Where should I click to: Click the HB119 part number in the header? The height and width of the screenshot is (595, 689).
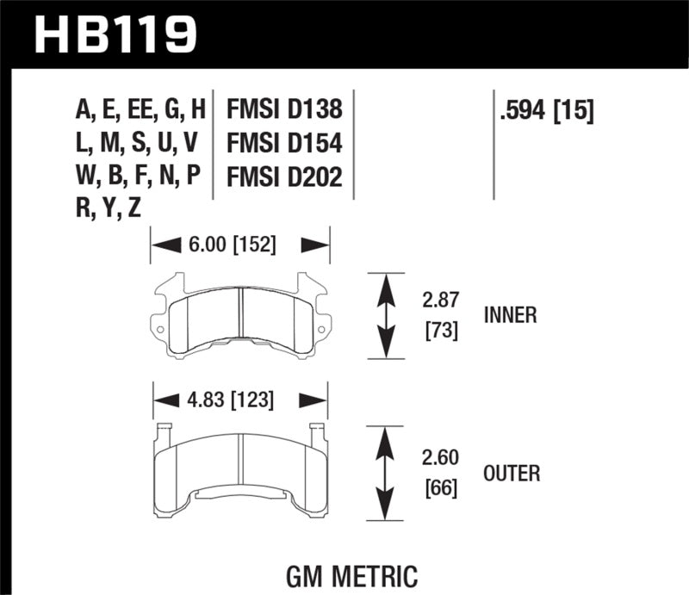116,34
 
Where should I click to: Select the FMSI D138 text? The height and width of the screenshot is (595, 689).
284,110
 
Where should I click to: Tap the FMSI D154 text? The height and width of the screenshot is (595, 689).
284,143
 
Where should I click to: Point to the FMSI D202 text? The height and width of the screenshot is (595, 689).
284,177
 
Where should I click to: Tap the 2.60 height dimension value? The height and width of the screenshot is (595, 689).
439,458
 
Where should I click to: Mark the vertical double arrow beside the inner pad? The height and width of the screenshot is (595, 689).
387,315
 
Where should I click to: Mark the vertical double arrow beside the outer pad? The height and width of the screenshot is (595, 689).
387,473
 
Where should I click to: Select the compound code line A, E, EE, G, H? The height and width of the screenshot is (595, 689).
141,110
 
